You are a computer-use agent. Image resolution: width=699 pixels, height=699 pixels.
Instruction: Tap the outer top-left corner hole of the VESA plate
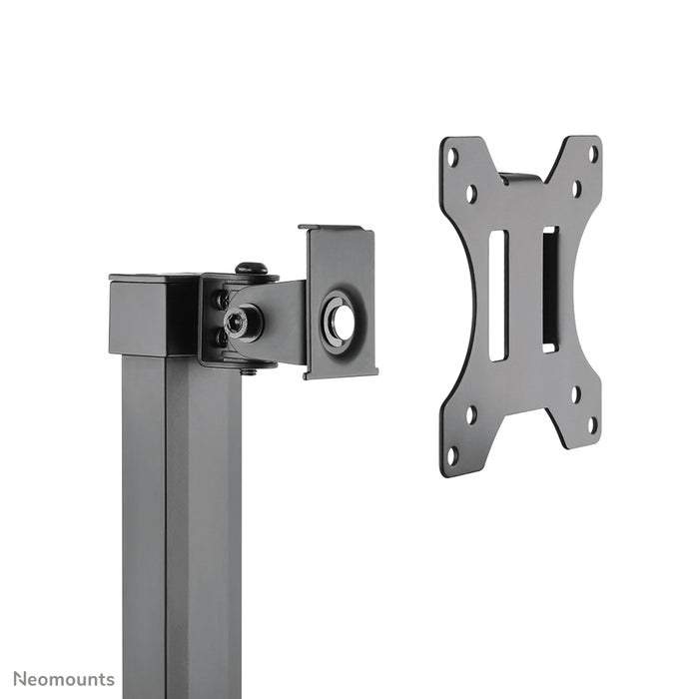452,157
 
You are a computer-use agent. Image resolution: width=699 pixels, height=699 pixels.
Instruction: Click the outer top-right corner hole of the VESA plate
592,154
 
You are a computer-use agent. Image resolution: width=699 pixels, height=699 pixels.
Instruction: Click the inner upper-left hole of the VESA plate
470,193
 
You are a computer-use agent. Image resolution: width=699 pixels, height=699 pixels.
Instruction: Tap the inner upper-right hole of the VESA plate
576,188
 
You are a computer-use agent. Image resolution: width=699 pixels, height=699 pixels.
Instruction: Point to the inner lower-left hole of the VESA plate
470,413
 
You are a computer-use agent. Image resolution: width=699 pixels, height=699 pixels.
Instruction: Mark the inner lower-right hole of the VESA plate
576,392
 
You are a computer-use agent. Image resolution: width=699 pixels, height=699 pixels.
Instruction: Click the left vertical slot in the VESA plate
497,296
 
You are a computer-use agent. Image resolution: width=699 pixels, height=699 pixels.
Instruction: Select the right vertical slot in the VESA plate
549,289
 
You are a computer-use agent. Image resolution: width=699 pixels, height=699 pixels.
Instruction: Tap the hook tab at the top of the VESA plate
519,178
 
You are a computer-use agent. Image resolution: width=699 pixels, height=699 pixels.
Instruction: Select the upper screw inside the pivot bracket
219,299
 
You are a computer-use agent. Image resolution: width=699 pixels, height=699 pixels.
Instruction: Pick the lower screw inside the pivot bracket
220,338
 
